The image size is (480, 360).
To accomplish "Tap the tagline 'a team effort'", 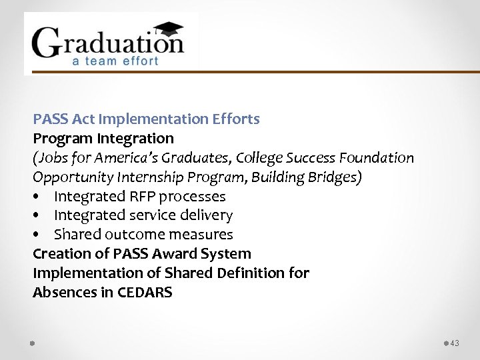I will [115, 61].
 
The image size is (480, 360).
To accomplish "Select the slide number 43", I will [455, 343].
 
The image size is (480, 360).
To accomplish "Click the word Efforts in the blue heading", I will [236, 119].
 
